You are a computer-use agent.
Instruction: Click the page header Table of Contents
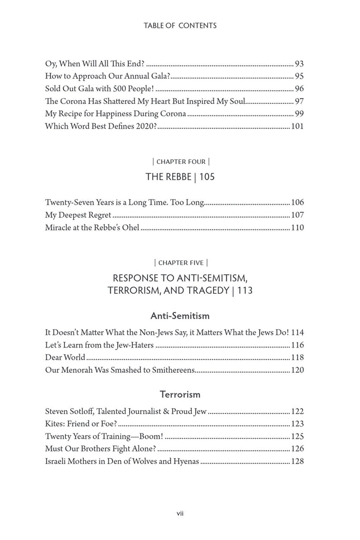tap(180, 25)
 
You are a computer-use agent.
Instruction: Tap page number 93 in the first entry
tap(299, 64)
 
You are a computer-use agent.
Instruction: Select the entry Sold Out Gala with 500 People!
tap(100, 89)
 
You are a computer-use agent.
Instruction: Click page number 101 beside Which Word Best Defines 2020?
tap(297, 126)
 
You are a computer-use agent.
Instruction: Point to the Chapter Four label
tap(180, 161)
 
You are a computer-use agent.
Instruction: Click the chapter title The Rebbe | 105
tap(180, 177)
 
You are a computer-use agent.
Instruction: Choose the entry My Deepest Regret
tap(78, 215)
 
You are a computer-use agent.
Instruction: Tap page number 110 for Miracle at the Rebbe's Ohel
tap(297, 228)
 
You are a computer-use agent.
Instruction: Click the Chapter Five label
tap(180, 262)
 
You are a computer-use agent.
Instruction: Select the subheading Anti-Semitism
tap(180, 316)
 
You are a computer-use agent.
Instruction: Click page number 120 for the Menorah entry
tap(297, 370)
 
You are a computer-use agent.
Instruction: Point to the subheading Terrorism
tap(180, 394)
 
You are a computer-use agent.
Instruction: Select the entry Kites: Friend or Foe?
tap(81, 423)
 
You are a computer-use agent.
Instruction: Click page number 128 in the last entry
tap(297, 461)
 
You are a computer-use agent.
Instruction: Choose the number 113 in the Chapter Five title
tap(245, 291)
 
